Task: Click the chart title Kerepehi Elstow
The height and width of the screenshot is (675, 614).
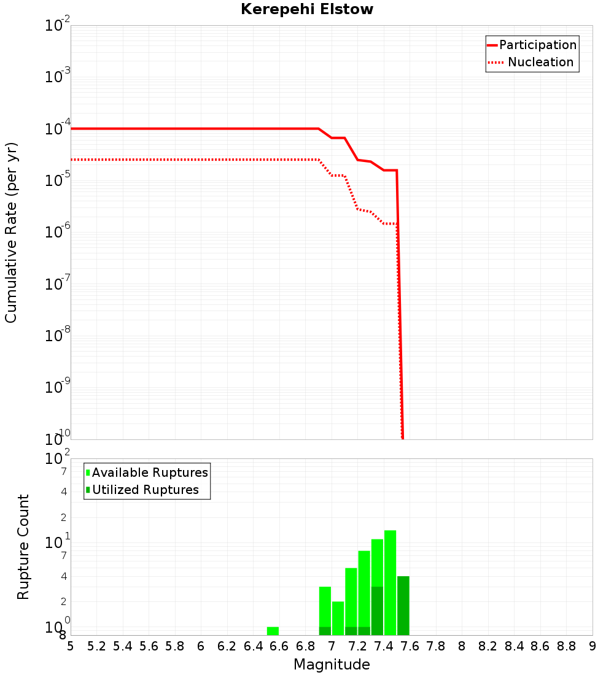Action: coord(307,10)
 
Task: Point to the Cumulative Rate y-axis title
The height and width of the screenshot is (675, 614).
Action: coord(11,232)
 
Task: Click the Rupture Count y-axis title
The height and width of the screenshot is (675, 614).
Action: coord(23,547)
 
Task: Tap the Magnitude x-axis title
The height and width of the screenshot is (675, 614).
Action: coord(332,665)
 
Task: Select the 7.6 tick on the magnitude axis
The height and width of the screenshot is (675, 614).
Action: coord(410,646)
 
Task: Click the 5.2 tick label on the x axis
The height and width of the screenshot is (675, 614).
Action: coord(96,646)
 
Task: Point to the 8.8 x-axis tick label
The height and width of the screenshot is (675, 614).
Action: coord(566,646)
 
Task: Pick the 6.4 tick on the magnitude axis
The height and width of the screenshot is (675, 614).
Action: coord(253,646)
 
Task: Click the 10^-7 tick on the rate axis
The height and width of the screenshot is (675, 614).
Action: coord(57,283)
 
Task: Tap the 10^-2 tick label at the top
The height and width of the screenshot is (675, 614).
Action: coord(57,26)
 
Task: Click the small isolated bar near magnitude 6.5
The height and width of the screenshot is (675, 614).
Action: coord(273,631)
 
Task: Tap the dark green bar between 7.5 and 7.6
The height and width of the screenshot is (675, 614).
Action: coord(403,606)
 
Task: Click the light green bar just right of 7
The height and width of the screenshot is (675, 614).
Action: coord(338,618)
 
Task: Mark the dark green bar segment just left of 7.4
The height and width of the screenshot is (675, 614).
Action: coord(377,611)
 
